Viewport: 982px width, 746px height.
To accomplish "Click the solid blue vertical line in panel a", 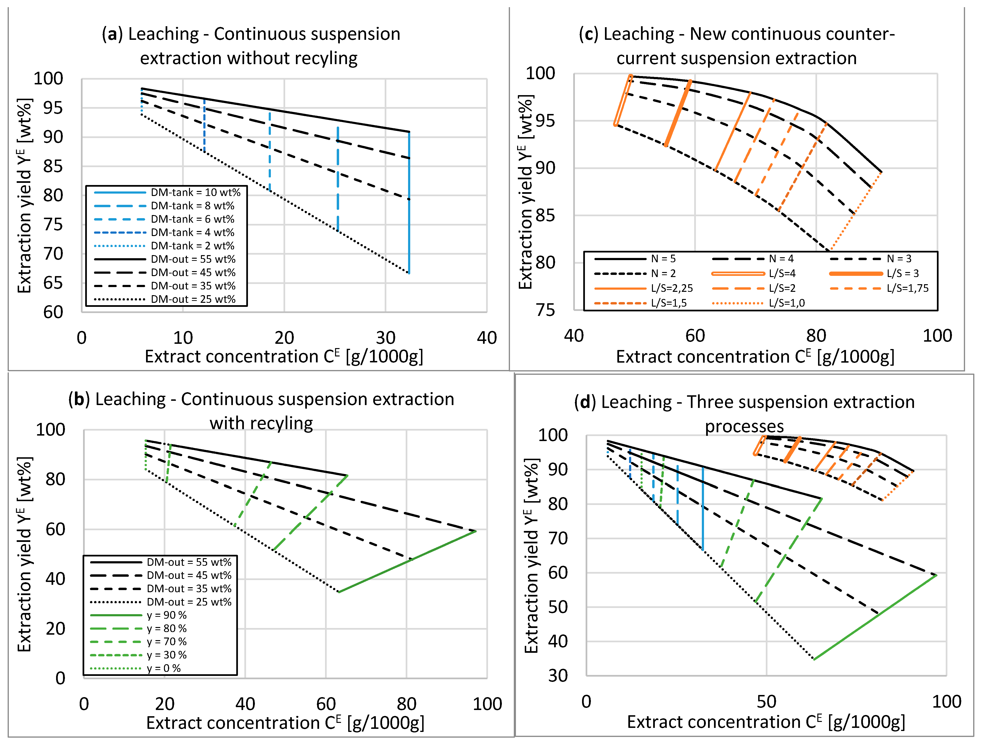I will (x=409, y=204).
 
